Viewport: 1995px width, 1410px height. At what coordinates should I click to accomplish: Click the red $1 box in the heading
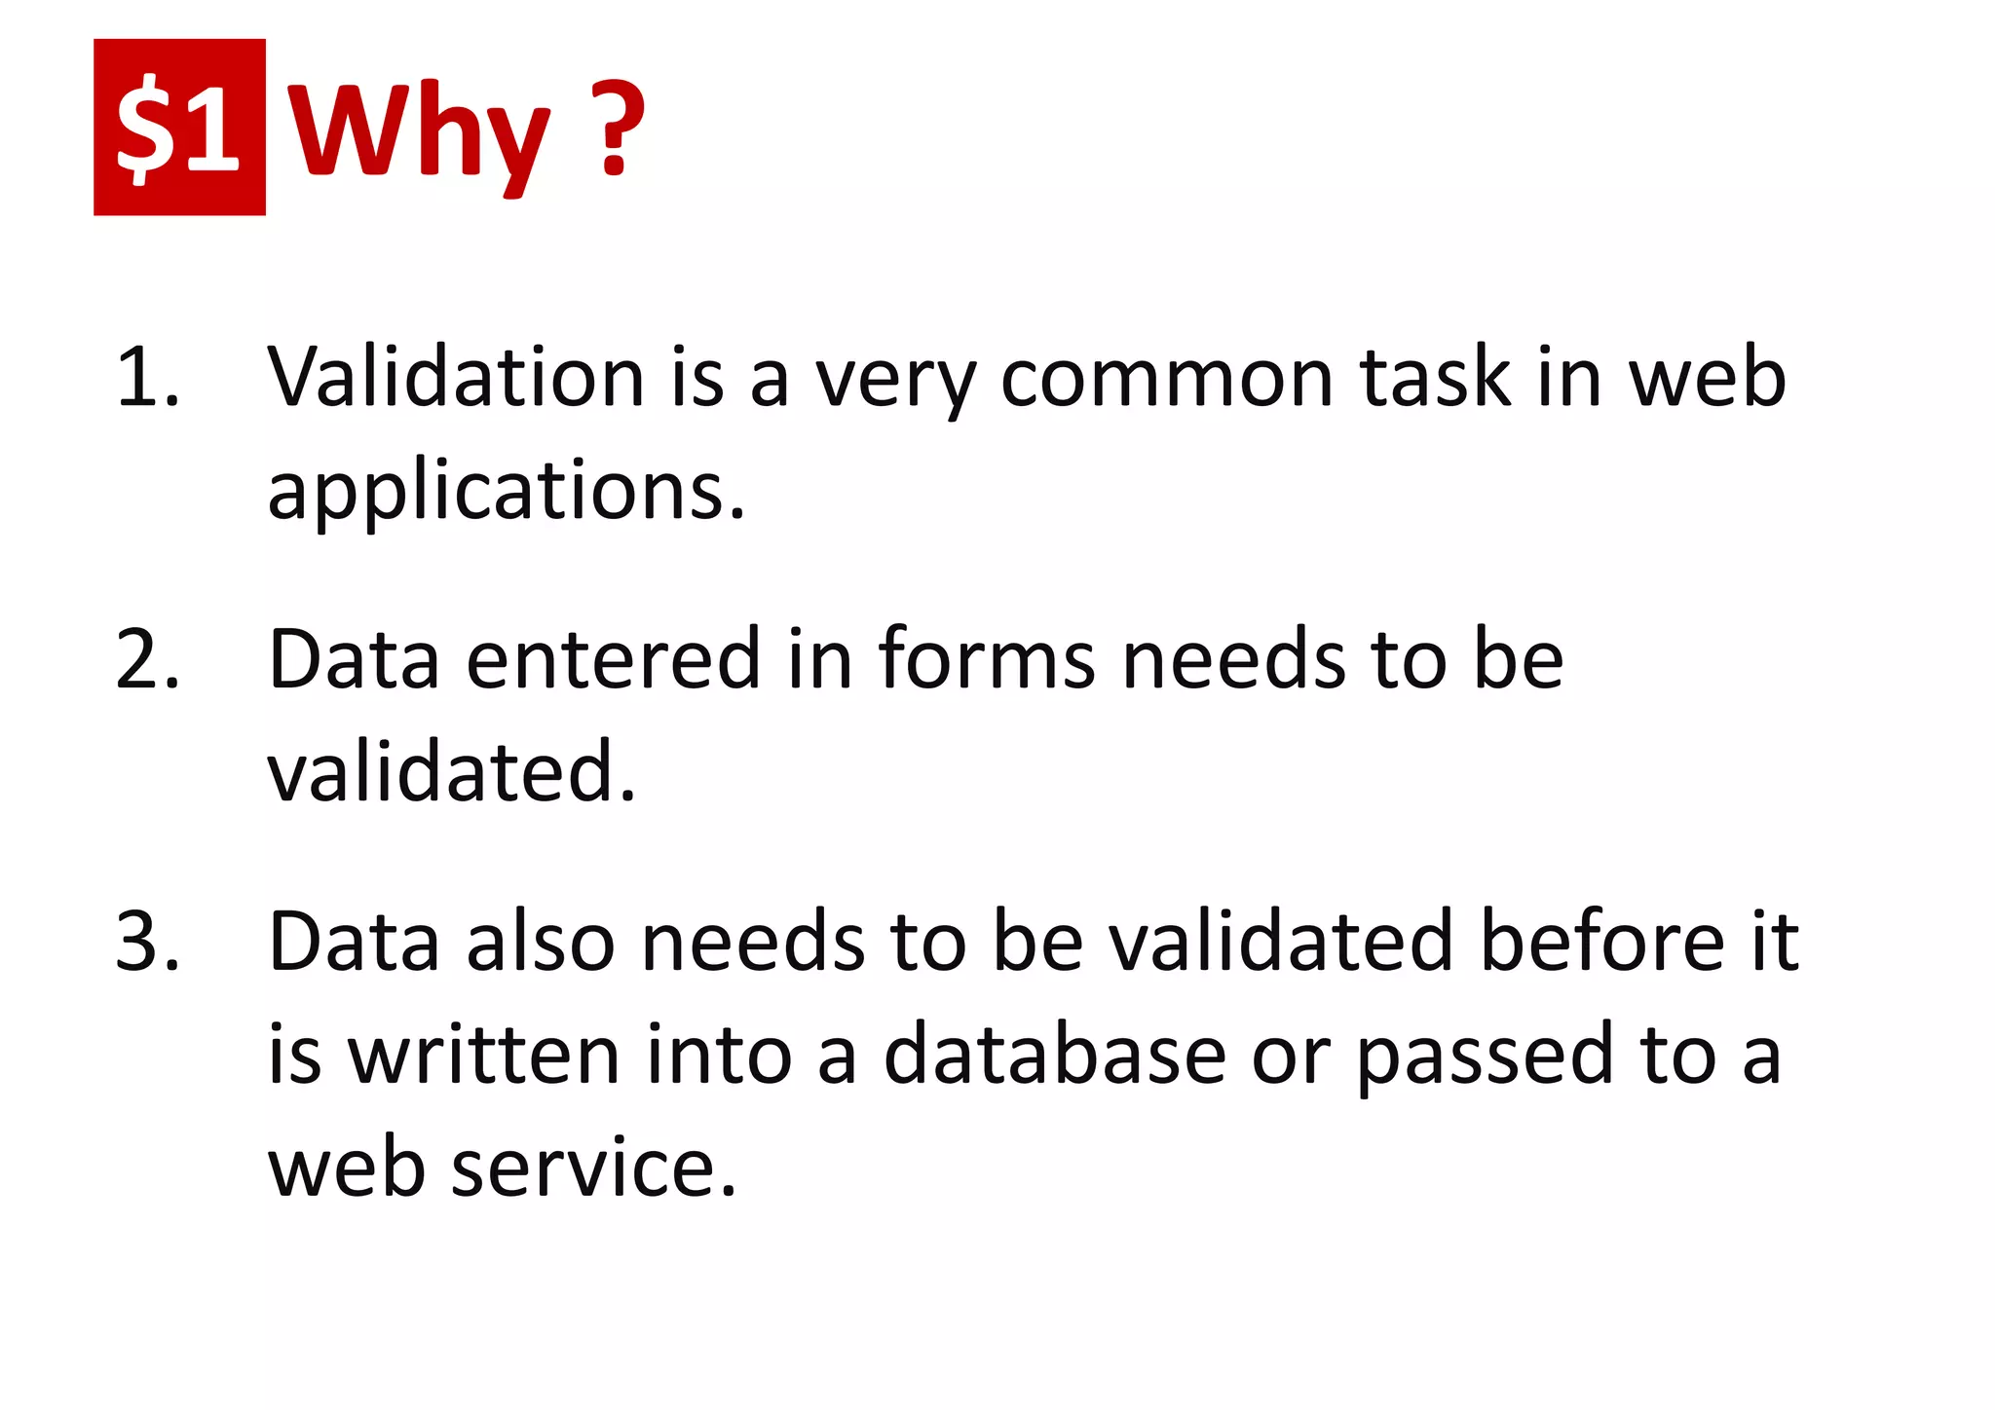(x=179, y=127)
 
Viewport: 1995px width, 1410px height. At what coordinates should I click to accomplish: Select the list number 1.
(x=146, y=378)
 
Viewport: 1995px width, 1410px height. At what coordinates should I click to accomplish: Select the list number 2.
(x=146, y=660)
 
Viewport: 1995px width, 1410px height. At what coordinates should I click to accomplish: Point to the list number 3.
(x=146, y=942)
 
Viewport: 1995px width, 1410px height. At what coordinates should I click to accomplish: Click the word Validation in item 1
(x=456, y=378)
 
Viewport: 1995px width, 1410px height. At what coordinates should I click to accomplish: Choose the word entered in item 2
(x=613, y=660)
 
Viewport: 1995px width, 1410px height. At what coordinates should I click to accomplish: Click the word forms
(x=987, y=660)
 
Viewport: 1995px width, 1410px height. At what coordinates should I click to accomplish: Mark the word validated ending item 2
(x=451, y=772)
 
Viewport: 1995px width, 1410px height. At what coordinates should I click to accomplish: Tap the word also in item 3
(x=541, y=942)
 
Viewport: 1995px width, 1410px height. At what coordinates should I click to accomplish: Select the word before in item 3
(x=1601, y=942)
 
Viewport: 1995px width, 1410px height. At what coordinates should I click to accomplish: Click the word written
(x=484, y=1055)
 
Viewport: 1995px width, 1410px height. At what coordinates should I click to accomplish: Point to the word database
(x=1054, y=1055)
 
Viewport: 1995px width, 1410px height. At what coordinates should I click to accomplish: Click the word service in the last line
(x=593, y=1168)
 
